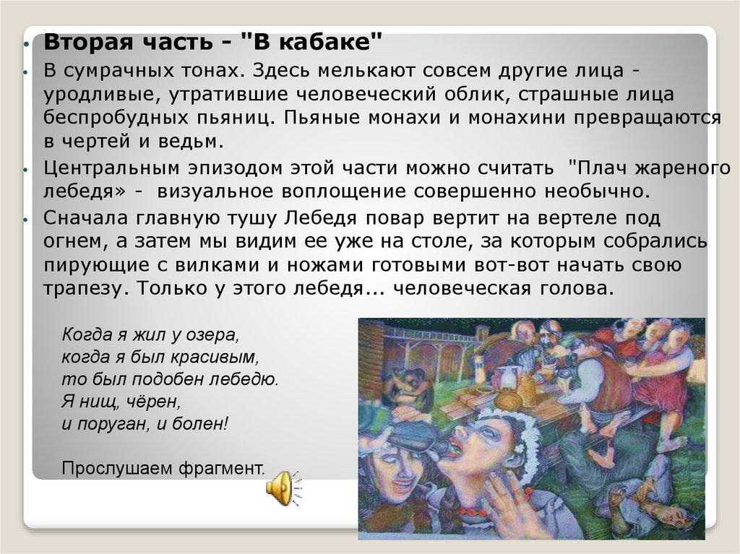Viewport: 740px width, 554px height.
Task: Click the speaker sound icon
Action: click(283, 488)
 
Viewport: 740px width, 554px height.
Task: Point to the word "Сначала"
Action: click(86, 218)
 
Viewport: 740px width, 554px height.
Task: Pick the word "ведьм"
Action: click(191, 141)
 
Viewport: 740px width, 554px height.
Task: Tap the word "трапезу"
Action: click(85, 289)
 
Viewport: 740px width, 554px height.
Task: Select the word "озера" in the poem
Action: click(213, 335)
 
